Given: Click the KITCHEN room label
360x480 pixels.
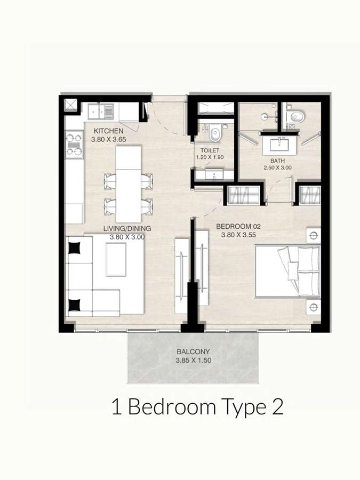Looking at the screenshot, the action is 108,131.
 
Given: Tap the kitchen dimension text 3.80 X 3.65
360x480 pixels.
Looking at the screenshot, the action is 108,139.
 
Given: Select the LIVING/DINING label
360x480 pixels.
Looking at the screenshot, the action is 127,228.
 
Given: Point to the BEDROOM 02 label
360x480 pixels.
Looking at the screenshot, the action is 238,227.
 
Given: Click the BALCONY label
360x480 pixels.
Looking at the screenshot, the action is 193,352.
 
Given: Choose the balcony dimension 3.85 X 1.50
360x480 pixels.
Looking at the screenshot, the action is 193,361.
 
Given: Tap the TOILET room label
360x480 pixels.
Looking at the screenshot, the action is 210,150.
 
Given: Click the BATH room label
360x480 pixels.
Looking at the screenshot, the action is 278,161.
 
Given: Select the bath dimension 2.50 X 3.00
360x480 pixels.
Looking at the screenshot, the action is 278,168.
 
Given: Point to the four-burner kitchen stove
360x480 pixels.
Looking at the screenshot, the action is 74,144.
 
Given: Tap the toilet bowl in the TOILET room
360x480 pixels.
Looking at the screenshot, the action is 215,133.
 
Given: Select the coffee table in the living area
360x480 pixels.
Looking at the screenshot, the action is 116,259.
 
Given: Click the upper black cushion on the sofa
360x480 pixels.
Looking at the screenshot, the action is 75,248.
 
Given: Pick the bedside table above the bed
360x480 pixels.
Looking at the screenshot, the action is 313,235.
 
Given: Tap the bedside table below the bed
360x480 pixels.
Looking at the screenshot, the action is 313,307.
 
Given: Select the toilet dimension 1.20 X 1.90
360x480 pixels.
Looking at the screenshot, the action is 210,157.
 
